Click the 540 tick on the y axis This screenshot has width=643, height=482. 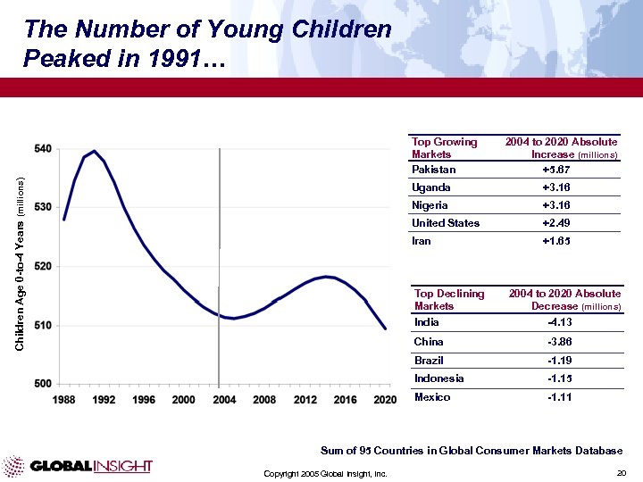coord(43,148)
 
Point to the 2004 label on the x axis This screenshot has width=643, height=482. coord(224,399)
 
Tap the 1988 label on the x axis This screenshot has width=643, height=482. coord(64,399)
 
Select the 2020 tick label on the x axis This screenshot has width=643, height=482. coord(385,399)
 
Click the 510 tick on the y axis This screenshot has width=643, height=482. coord(43,325)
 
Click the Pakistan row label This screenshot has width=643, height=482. coord(434,170)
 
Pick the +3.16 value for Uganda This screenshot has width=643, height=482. coord(555,187)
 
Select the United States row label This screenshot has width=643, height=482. coord(446,223)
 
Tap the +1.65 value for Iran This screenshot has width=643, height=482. coord(555,241)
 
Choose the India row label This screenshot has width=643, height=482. coord(427,322)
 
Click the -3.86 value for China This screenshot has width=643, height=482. coord(559,342)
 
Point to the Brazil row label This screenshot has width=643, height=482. coord(429,361)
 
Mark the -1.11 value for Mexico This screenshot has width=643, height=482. coord(559,397)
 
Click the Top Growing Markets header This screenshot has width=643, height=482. coord(445,148)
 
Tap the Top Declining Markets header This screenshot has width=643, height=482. coord(449,299)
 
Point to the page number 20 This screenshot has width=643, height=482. coord(622,472)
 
